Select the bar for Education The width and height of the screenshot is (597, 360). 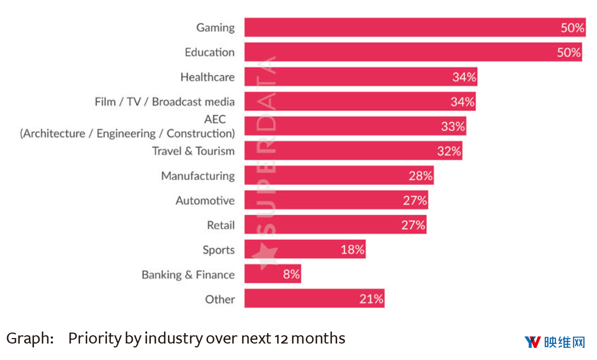(x=413, y=52)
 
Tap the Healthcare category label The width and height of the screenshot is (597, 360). (x=207, y=77)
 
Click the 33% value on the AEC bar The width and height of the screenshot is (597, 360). (x=453, y=126)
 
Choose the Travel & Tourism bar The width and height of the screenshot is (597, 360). (x=353, y=151)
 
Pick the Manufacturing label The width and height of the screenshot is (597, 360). (x=198, y=176)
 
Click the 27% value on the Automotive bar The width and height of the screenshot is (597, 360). (x=415, y=200)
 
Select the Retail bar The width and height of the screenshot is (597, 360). (x=335, y=225)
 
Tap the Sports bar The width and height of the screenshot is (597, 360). (x=305, y=250)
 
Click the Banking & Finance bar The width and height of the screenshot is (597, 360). (x=272, y=274)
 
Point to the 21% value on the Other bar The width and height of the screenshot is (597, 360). (x=371, y=299)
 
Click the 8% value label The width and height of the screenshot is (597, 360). (x=291, y=274)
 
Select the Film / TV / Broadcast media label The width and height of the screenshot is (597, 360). (x=165, y=102)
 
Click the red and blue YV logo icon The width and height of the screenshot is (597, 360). (x=532, y=342)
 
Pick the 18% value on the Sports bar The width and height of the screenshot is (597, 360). (x=352, y=250)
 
